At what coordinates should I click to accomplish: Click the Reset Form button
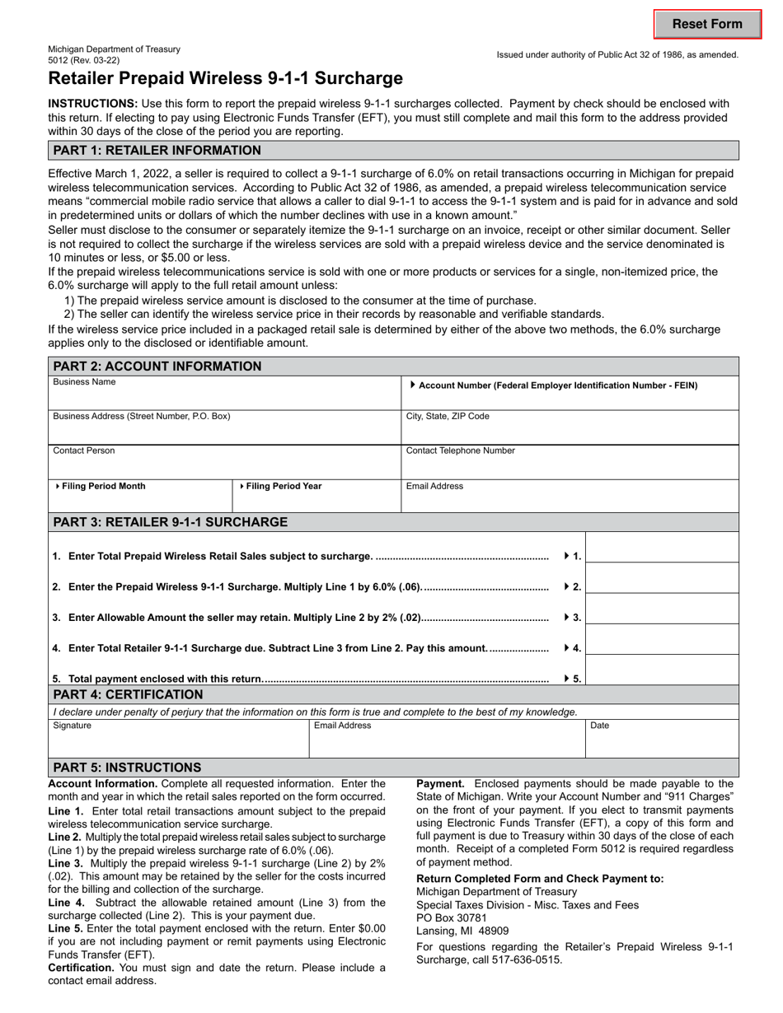point(707,24)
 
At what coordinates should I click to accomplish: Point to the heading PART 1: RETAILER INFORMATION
point(157,151)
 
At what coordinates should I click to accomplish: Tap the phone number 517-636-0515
point(527,959)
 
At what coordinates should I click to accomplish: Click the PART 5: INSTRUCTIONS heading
point(127,768)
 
